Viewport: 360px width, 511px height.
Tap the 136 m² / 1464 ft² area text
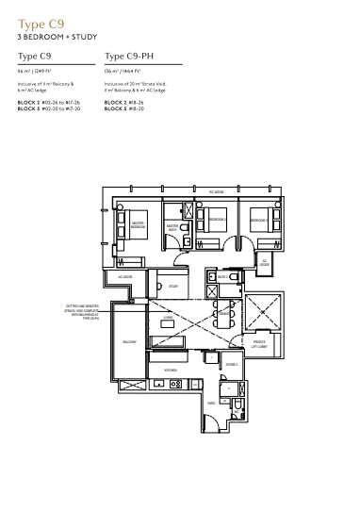(126, 71)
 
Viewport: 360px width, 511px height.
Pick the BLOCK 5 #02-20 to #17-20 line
(50, 107)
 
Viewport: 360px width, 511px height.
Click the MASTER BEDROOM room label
(138, 226)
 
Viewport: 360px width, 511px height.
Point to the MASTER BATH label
(172, 227)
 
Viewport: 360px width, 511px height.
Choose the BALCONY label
(127, 341)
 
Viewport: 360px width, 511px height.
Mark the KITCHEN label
(171, 371)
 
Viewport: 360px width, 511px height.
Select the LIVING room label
(167, 321)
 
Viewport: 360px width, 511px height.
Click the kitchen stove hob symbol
(173, 384)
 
